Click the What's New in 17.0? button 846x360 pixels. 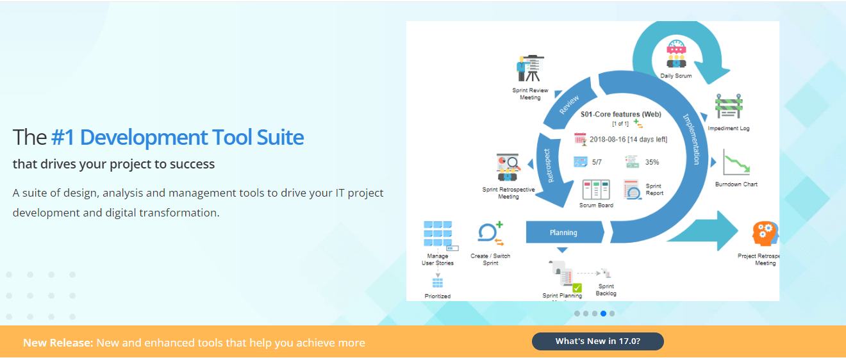[597, 341]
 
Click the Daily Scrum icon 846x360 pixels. [676, 54]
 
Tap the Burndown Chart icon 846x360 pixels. [736, 163]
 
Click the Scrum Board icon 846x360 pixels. [595, 190]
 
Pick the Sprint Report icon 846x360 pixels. [632, 190]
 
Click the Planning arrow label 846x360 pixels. [563, 233]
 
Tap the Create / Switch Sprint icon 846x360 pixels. [490, 234]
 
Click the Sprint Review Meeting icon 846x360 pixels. [530, 68]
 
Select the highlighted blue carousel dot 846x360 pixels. [603, 313]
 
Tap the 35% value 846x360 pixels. [652, 162]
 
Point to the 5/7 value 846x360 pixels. [597, 162]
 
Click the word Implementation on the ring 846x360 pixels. [691, 139]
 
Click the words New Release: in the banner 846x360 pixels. [58, 343]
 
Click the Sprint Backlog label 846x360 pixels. [606, 290]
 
